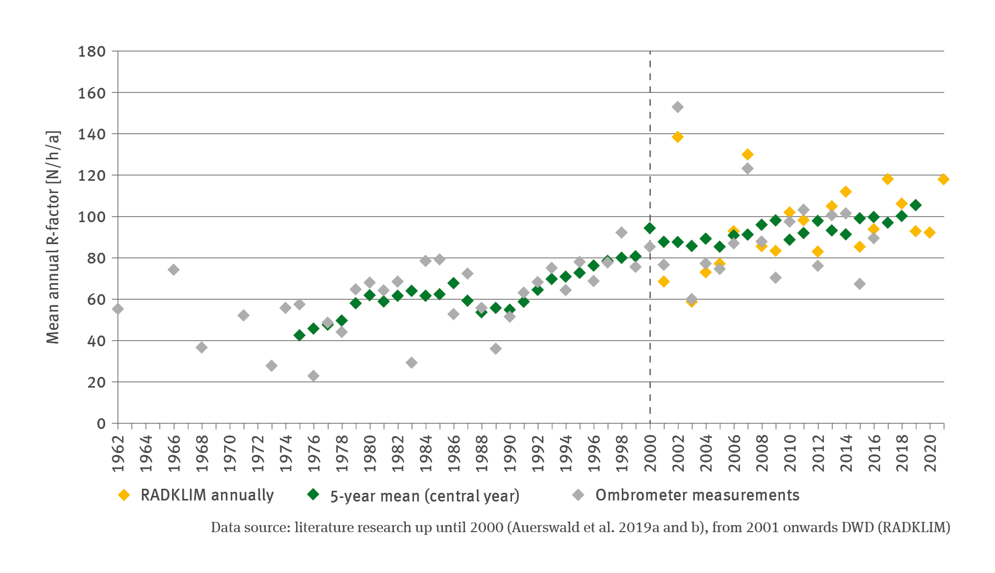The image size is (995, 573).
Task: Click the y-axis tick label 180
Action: click(x=91, y=52)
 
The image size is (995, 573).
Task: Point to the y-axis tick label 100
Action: click(x=91, y=217)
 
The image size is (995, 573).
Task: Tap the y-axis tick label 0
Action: click(x=101, y=424)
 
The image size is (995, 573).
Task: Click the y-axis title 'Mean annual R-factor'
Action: click(x=53, y=237)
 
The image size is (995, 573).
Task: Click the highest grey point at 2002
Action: click(x=677, y=107)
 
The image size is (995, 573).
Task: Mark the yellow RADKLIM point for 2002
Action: click(x=677, y=137)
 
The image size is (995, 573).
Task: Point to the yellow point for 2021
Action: click(x=943, y=179)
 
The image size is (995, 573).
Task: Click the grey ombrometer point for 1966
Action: click(x=174, y=270)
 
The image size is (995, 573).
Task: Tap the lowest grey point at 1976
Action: click(x=313, y=376)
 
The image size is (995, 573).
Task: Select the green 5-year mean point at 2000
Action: click(x=650, y=228)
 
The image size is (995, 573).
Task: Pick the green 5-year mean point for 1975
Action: click(x=300, y=336)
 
